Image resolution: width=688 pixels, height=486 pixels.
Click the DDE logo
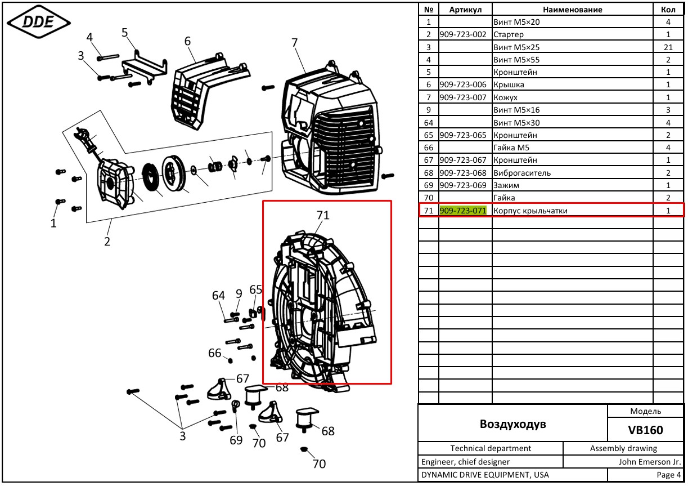[x=39, y=22]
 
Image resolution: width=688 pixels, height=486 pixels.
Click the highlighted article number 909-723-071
[x=463, y=211]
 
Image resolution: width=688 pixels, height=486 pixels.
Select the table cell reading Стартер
[x=509, y=34]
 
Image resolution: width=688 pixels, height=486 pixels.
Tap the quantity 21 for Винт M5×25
[x=668, y=47]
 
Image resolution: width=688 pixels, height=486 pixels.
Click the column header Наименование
[x=573, y=10]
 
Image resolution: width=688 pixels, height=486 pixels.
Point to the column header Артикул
[x=465, y=10]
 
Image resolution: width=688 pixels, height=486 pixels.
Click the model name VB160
[x=645, y=430]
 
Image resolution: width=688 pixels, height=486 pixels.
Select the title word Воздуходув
[x=512, y=424]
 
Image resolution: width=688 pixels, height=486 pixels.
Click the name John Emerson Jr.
[x=650, y=462]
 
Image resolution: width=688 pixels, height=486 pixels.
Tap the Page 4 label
[x=669, y=475]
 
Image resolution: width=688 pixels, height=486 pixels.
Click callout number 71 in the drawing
[x=323, y=215]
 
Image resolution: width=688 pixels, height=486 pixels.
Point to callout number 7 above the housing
[x=295, y=43]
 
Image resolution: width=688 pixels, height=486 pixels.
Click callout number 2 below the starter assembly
[x=107, y=242]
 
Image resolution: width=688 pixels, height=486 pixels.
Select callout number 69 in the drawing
[x=236, y=440]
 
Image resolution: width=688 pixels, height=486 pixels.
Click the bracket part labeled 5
[x=145, y=68]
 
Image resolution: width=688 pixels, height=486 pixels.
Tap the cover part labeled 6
[x=210, y=91]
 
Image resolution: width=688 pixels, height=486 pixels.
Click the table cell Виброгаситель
[x=522, y=173]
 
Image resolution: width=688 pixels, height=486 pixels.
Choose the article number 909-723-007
[x=463, y=97]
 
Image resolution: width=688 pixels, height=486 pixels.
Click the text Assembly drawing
[x=623, y=448]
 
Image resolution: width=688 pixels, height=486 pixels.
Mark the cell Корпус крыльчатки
[x=530, y=211]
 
